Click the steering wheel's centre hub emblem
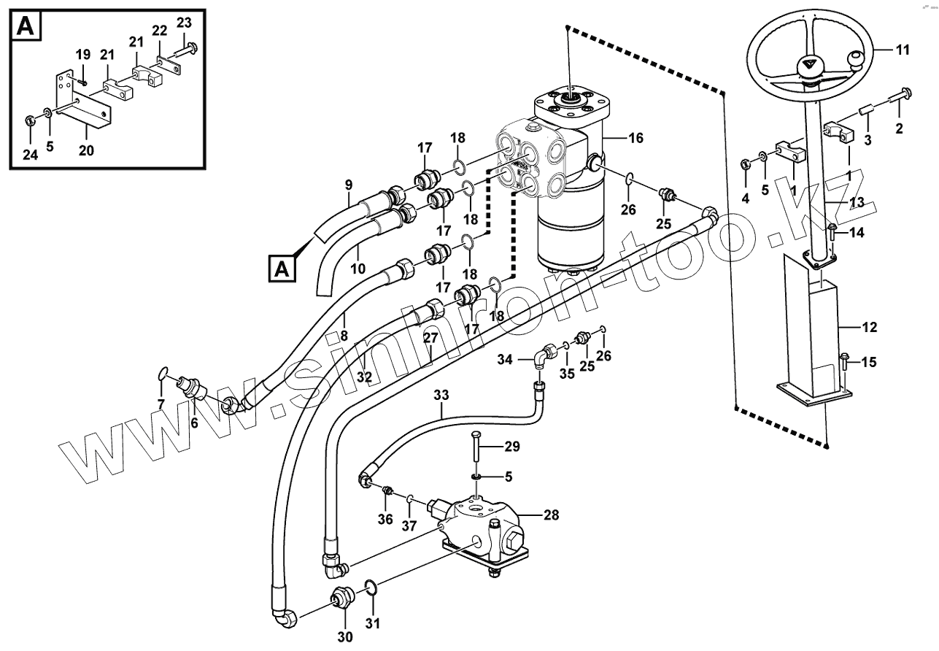[808, 65]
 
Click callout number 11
[903, 50]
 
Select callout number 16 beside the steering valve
[635, 137]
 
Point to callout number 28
[551, 515]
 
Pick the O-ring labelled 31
[371, 588]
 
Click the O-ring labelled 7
[164, 374]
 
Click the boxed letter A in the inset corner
[25, 27]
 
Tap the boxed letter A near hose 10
[282, 269]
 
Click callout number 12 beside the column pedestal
[869, 328]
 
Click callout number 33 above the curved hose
[441, 395]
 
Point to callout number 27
[430, 338]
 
